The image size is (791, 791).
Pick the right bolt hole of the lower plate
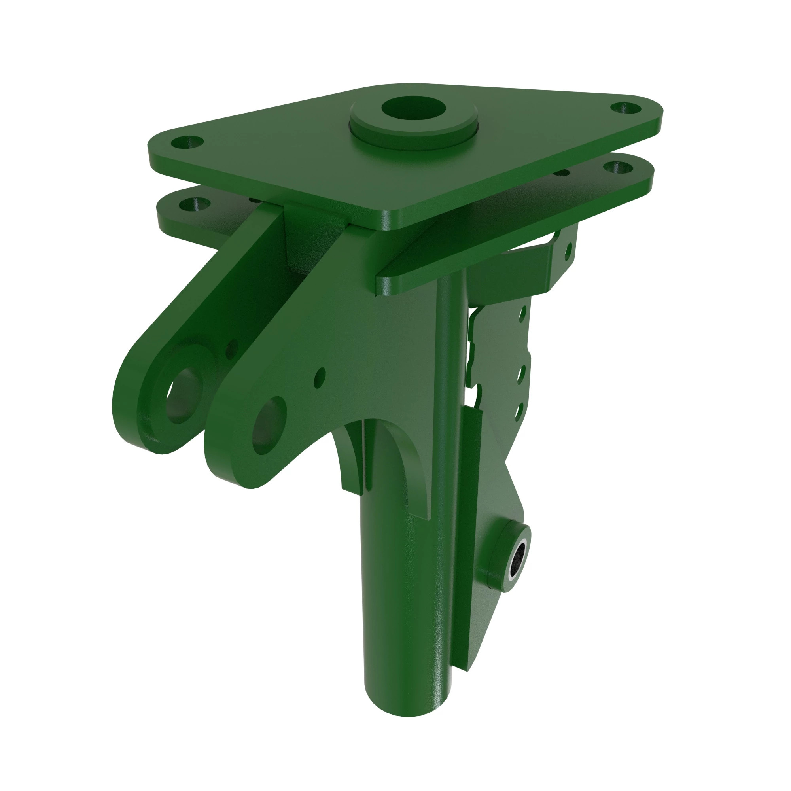click(x=618, y=167)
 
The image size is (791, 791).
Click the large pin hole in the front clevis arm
click(x=269, y=426)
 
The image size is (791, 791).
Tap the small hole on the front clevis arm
click(x=320, y=377)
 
